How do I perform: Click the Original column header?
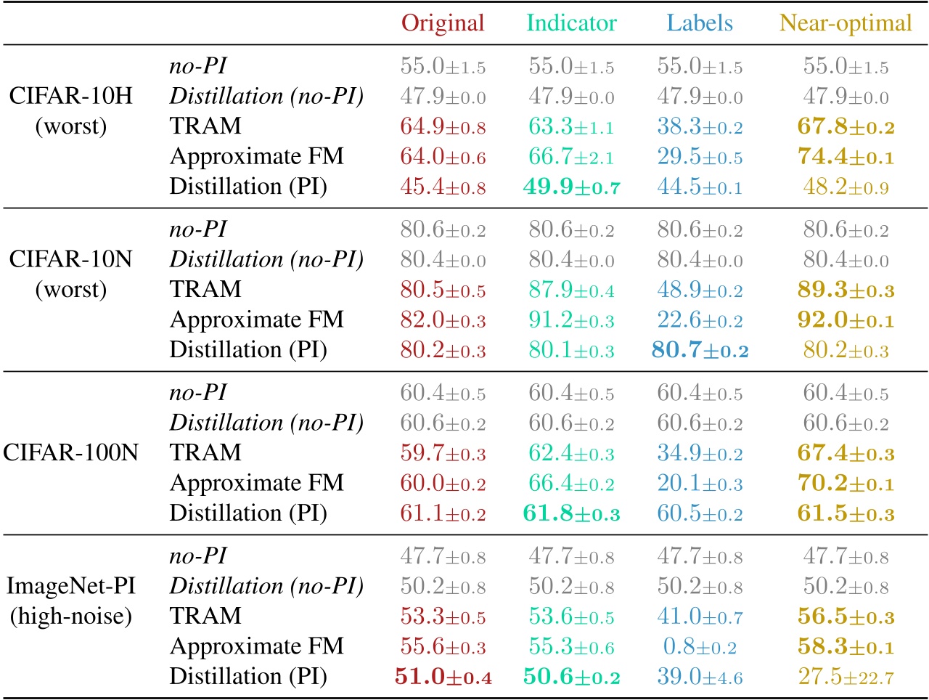[443, 23]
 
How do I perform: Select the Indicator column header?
[571, 23]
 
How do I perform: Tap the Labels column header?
[700, 23]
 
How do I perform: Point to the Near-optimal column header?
[846, 23]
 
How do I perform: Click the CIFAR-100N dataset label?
[70, 453]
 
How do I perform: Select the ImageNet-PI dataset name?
[70, 586]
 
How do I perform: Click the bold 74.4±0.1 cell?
[846, 157]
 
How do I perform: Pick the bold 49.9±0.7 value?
[571, 187]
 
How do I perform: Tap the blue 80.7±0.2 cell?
[700, 351]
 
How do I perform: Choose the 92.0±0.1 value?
[846, 320]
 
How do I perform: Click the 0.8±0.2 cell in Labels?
[700, 647]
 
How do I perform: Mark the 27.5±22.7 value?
[846, 677]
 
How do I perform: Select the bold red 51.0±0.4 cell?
[443, 677]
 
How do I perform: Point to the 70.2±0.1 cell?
[846, 484]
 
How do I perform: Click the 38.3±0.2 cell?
[700, 127]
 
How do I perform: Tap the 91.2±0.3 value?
[571, 320]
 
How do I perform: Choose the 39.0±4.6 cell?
[700, 677]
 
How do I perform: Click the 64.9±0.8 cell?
[443, 127]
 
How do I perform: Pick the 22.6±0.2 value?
[700, 320]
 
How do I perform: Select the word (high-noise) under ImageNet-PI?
[70, 616]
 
